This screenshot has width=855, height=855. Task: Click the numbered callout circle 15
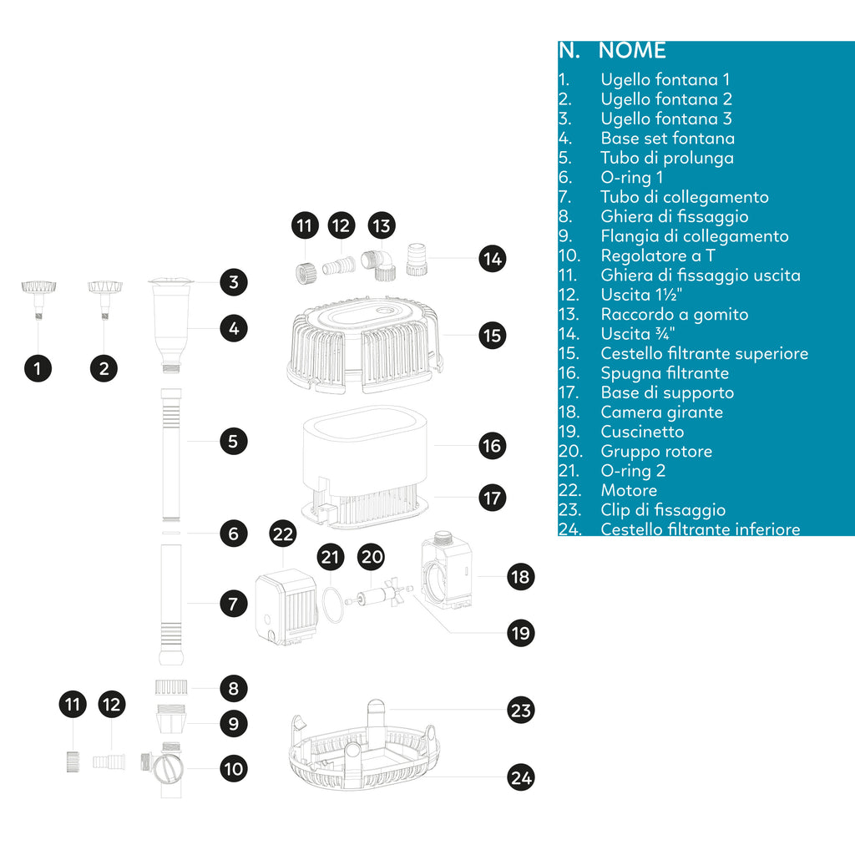click(493, 335)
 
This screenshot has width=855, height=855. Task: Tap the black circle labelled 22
click(284, 535)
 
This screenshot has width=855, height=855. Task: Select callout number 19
click(521, 633)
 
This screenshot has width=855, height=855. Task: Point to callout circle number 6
click(234, 533)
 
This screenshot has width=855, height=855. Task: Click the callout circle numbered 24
click(521, 778)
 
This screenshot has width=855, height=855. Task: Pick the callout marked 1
click(38, 367)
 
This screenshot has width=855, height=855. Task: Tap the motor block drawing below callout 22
click(286, 608)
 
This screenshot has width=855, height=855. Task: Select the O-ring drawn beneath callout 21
click(332, 604)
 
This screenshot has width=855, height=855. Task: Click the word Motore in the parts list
click(629, 490)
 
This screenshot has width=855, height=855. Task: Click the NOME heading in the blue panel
click(632, 50)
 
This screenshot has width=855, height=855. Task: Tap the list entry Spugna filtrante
click(664, 373)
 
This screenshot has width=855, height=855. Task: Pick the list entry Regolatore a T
click(657, 255)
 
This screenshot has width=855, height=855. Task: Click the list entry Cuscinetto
click(641, 432)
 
